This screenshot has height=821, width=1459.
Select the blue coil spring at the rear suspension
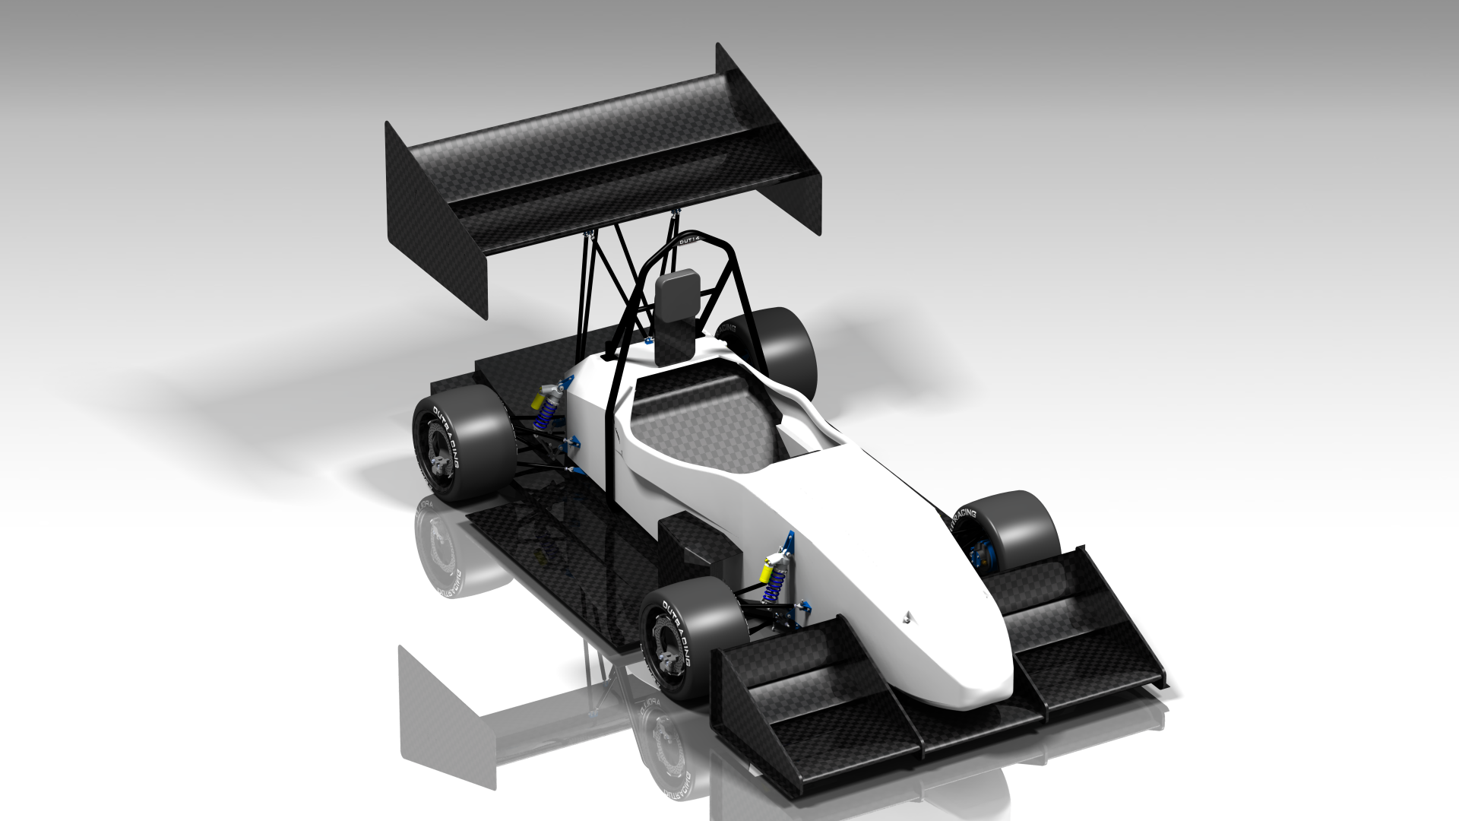tap(543, 415)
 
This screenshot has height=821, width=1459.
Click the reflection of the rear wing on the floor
tap(448, 715)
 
